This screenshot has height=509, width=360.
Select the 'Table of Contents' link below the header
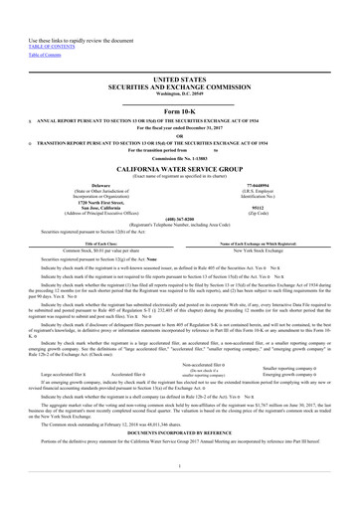(28, 28)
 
